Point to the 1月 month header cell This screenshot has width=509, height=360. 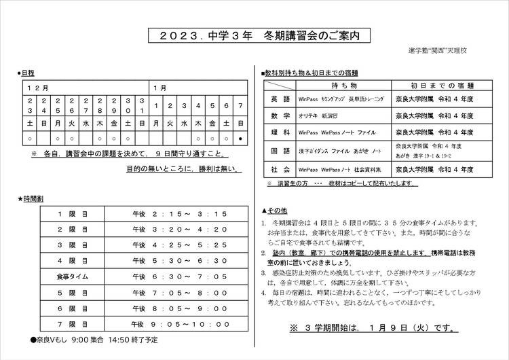click(x=160, y=88)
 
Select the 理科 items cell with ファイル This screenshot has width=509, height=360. click(x=337, y=133)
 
